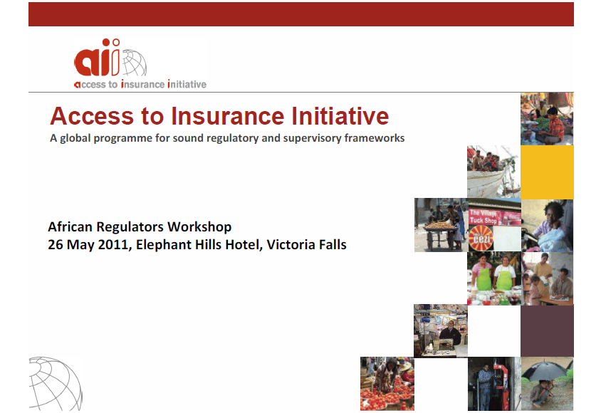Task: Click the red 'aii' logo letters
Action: click(x=97, y=58)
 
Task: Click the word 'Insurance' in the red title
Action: click(x=227, y=116)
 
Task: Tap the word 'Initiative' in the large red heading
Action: click(x=340, y=116)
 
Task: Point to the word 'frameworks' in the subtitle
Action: click(x=375, y=138)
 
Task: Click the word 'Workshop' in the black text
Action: click(x=199, y=227)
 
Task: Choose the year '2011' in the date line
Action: click(x=113, y=245)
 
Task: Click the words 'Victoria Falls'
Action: click(x=306, y=245)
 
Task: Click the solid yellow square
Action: click(x=547, y=172)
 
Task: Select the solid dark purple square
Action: click(x=547, y=330)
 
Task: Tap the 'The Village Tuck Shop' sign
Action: click(x=483, y=216)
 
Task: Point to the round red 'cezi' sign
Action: click(x=481, y=239)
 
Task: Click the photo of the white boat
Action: click(x=493, y=172)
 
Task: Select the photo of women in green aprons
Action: click(x=494, y=278)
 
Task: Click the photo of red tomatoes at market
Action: click(x=387, y=384)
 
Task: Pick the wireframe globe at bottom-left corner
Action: click(x=55, y=383)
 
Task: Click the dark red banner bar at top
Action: click(x=301, y=14)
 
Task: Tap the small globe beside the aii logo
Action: click(x=134, y=63)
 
